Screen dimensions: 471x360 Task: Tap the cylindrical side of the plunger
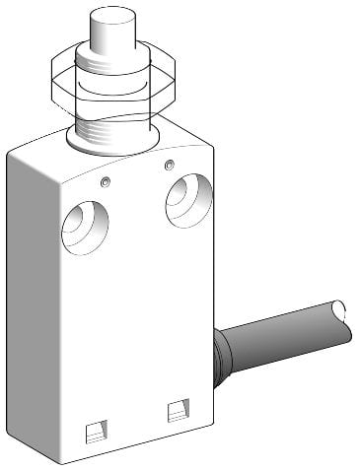click(109, 41)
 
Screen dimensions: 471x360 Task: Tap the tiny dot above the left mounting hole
click(105, 181)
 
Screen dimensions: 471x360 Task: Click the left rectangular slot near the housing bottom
click(95, 429)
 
